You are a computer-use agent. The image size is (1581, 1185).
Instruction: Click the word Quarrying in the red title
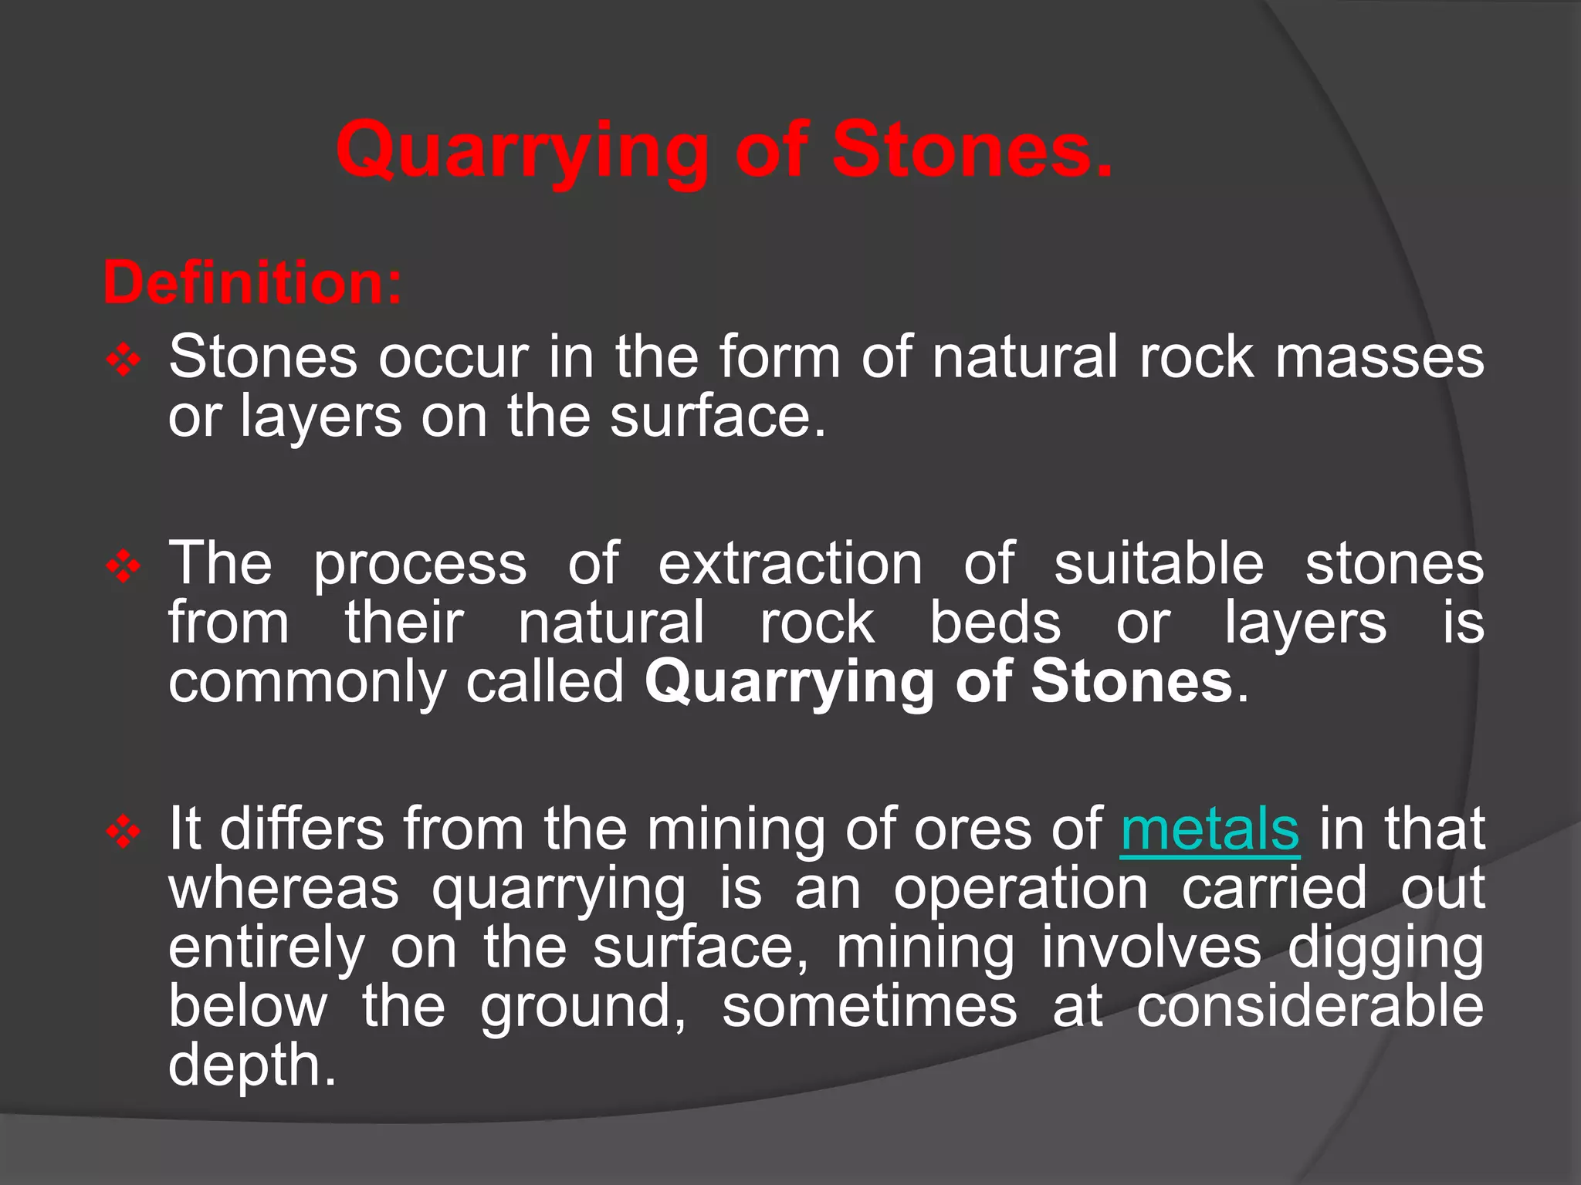point(522,151)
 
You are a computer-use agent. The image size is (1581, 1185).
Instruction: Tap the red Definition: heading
point(252,283)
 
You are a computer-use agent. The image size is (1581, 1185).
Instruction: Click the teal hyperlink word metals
point(1210,830)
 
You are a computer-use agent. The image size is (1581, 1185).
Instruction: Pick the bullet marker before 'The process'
point(124,568)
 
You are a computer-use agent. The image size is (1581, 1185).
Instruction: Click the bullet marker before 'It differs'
point(124,833)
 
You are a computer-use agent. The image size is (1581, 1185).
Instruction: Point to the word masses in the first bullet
point(1380,358)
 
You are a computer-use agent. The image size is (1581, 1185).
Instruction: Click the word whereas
point(283,889)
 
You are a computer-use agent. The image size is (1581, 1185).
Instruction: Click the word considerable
point(1310,1008)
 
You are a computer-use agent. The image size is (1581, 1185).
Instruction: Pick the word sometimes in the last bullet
point(869,1008)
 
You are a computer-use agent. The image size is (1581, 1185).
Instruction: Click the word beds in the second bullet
point(995,623)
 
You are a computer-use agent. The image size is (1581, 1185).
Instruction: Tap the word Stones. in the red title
point(973,151)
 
